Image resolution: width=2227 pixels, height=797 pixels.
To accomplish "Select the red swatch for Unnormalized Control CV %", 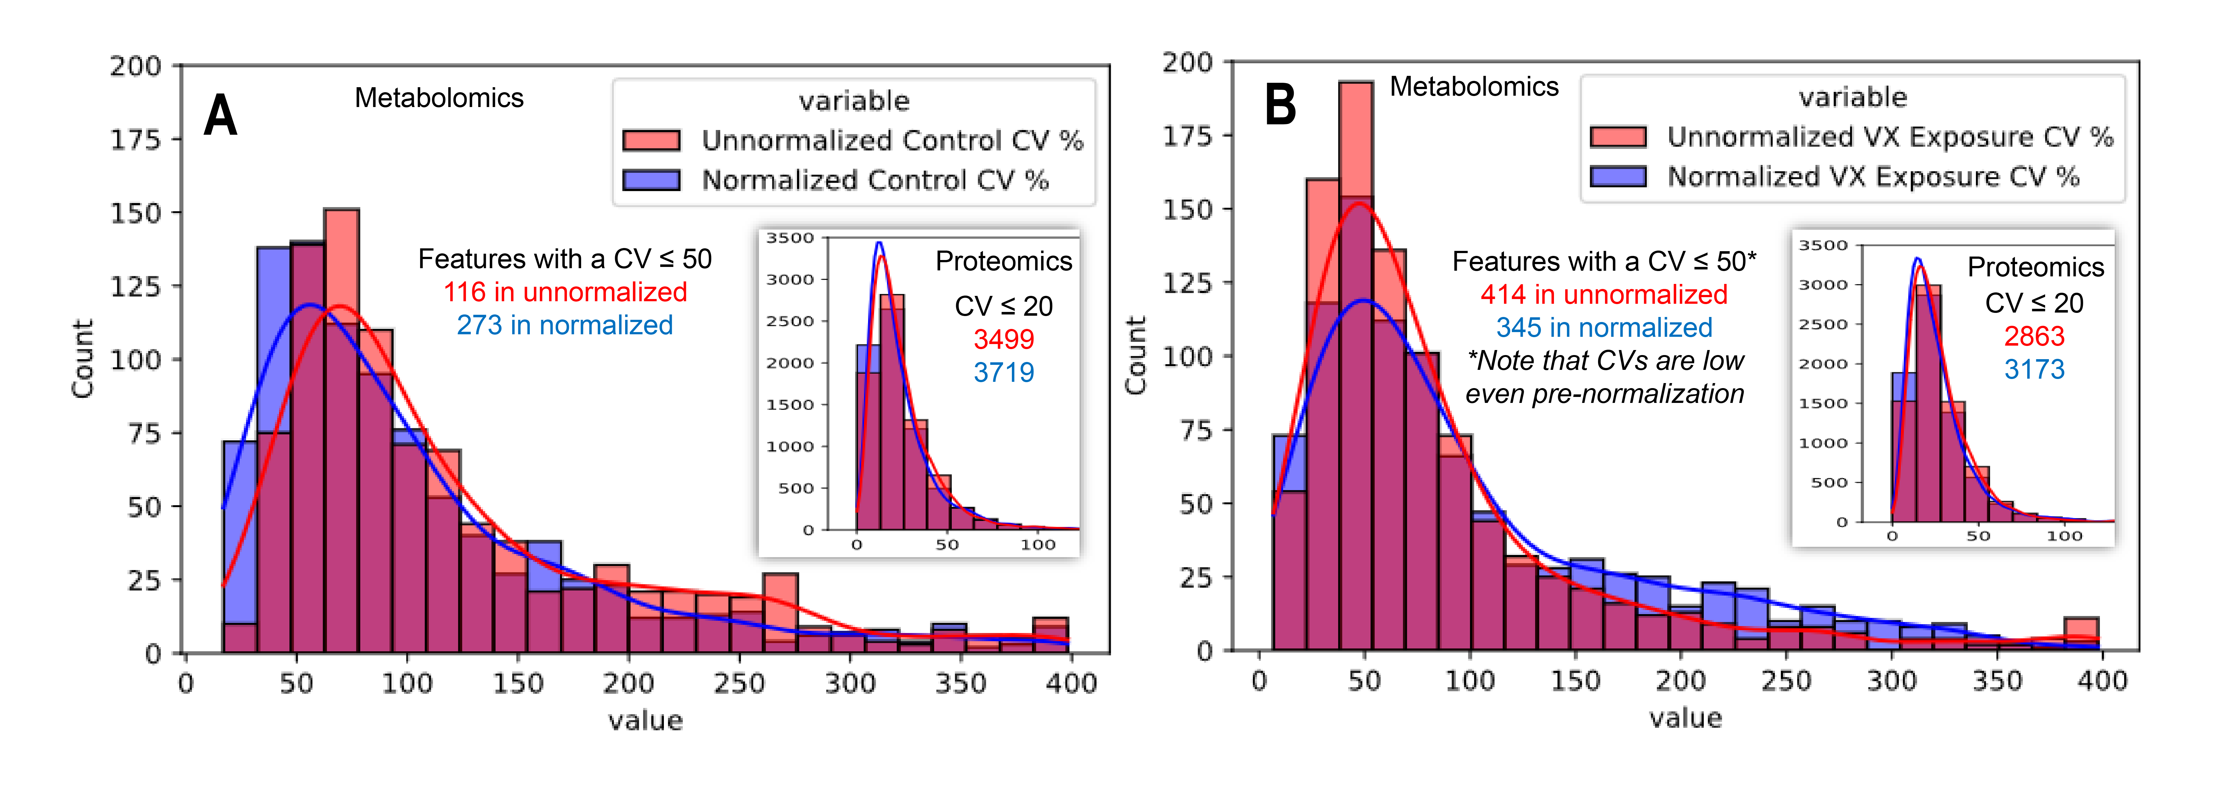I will coord(652,140).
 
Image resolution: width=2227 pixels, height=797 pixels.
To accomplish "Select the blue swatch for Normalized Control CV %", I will coord(652,180).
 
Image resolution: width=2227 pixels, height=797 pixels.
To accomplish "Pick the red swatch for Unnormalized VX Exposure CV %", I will coord(1618,137).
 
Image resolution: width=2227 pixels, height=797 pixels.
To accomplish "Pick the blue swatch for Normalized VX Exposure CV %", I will coord(1618,176).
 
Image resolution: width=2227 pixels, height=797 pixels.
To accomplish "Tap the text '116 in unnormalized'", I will coord(565,292).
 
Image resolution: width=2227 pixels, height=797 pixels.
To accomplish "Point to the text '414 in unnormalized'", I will coord(1604,295).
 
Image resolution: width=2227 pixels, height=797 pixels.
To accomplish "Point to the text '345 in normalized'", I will coord(1604,328).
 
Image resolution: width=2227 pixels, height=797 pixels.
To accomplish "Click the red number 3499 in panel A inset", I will coord(1004,339).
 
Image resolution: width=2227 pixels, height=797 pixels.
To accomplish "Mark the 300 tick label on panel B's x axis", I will coord(1892,681).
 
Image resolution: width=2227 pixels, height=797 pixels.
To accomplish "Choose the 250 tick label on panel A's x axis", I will coord(739,684).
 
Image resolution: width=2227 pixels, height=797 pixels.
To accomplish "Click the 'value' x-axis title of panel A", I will coord(645,720).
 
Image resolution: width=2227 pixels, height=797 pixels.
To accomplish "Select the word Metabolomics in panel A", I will coord(439,98).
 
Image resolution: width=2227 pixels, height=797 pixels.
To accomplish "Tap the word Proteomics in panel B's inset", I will coord(2036,267).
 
